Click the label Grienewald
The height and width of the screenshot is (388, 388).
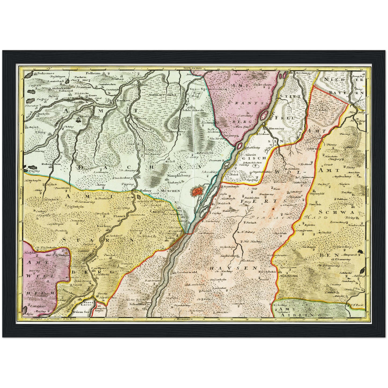coord(187,272)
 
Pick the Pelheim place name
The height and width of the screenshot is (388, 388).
coord(93,73)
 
